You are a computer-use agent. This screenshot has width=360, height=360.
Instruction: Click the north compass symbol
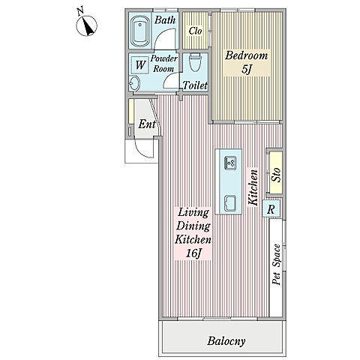coord(86,25)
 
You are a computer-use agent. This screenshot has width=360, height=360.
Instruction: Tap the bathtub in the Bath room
coord(140,31)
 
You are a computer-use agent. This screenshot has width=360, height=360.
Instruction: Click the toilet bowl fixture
coord(196,61)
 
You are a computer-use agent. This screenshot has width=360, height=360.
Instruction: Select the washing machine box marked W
coord(140,65)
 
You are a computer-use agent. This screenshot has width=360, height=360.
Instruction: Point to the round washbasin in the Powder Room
coord(134,83)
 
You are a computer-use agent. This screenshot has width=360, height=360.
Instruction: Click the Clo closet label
coord(195,31)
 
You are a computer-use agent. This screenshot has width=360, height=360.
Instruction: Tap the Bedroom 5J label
coord(246,62)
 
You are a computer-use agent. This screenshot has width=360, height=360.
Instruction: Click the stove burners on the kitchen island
coord(230,163)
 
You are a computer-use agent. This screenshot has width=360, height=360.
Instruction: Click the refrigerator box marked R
coord(271,209)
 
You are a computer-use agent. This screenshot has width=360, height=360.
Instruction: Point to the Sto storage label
coord(276,175)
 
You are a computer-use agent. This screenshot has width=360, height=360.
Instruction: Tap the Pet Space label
coord(277,264)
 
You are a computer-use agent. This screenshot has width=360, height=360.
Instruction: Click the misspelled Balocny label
coord(226,341)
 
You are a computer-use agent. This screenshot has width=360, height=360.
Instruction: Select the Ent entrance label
coord(147,124)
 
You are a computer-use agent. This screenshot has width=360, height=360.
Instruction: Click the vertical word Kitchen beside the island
coord(253,187)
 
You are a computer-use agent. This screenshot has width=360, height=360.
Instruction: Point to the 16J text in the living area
coord(193,254)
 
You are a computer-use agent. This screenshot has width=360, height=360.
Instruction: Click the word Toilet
coord(195,85)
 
